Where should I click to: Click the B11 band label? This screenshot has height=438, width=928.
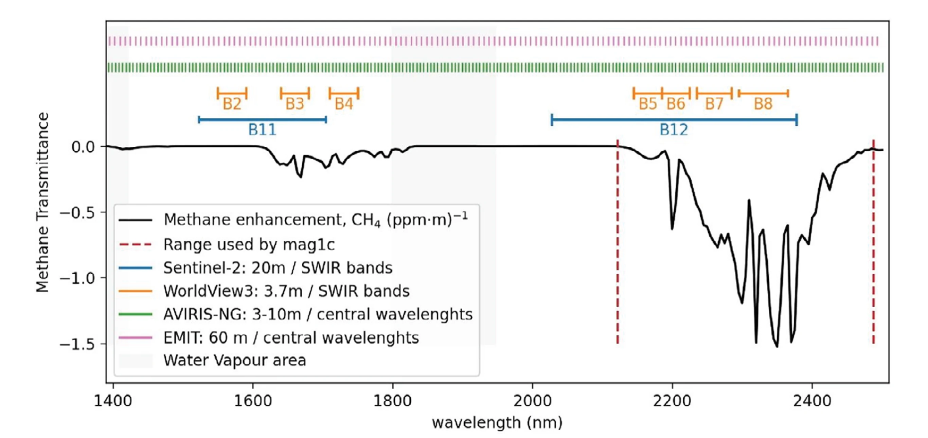click(x=262, y=130)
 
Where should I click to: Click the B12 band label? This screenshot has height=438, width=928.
click(x=673, y=130)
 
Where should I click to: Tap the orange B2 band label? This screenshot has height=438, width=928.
click(x=232, y=104)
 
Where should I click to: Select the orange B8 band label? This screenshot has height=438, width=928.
click(x=763, y=104)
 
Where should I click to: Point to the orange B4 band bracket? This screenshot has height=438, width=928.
click(x=344, y=94)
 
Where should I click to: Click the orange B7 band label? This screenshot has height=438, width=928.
click(x=714, y=104)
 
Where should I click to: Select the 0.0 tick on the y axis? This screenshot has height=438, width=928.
click(x=83, y=147)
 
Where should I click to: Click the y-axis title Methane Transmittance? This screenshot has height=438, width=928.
click(x=42, y=202)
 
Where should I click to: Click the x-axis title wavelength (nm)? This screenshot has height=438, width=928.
click(x=497, y=422)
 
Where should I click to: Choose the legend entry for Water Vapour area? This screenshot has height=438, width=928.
click(x=234, y=360)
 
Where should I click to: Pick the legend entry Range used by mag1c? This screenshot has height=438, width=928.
click(x=249, y=245)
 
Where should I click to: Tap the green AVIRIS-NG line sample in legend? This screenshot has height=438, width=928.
click(x=136, y=314)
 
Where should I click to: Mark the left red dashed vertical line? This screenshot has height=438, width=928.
click(x=618, y=242)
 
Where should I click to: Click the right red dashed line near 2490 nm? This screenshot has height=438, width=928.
click(x=873, y=242)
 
